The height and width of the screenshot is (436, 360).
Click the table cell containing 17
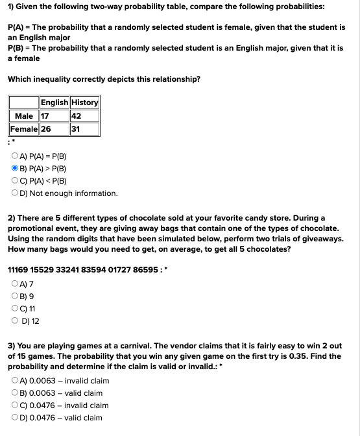54,116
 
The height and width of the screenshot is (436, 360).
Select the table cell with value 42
84,116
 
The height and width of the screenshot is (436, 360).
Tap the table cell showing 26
54,129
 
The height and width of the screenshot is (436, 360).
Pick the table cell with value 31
84,129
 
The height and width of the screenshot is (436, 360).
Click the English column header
54,103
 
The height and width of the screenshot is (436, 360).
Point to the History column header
84,103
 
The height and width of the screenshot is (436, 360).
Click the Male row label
24,116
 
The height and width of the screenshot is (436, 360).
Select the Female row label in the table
24,129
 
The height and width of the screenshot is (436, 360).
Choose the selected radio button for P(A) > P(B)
15,169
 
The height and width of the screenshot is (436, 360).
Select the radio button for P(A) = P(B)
15,156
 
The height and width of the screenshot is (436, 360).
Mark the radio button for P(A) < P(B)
15,181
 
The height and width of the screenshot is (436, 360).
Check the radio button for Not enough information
15,193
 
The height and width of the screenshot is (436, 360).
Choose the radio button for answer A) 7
15,284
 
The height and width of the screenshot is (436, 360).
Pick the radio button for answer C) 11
15,308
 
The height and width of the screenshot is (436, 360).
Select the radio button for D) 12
15,321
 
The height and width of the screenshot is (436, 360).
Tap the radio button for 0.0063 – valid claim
15,393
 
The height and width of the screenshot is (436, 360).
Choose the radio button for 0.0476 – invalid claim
15,406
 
